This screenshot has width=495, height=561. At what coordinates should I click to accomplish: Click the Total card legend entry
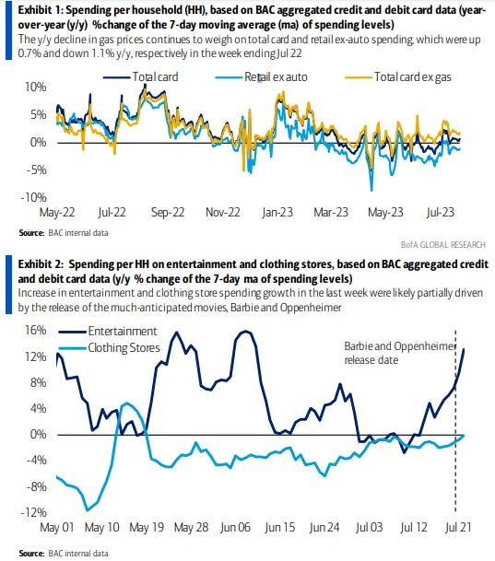click(141, 77)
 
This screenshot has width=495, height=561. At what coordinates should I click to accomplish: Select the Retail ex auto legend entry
click(261, 77)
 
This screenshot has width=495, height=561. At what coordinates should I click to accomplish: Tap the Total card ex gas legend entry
click(398, 77)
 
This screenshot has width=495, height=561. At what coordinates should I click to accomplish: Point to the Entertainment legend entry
click(108, 332)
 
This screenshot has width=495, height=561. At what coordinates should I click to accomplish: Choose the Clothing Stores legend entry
click(109, 348)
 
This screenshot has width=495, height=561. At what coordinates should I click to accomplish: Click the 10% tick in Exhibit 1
click(35, 87)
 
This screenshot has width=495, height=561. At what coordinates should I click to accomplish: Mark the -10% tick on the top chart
click(33, 197)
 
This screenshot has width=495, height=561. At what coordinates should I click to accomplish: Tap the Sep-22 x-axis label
click(168, 212)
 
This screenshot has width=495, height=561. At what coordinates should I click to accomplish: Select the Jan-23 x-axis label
click(277, 212)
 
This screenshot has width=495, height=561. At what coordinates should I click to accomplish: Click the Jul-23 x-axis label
click(441, 212)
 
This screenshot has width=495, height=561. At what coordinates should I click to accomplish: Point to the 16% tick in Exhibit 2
click(36, 330)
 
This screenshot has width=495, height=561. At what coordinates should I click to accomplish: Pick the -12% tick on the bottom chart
click(33, 512)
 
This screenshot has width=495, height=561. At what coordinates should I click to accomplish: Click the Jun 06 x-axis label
click(235, 527)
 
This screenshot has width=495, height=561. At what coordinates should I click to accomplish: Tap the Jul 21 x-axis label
click(458, 527)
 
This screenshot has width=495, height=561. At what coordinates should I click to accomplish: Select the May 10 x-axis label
click(102, 527)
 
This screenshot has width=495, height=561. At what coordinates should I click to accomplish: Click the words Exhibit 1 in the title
click(40, 10)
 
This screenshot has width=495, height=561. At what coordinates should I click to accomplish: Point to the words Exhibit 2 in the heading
click(40, 264)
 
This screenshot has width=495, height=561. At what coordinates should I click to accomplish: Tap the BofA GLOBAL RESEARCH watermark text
click(443, 245)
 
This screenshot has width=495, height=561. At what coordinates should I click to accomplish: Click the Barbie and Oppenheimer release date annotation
click(400, 353)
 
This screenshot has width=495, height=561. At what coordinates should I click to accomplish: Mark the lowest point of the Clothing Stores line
click(87, 510)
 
